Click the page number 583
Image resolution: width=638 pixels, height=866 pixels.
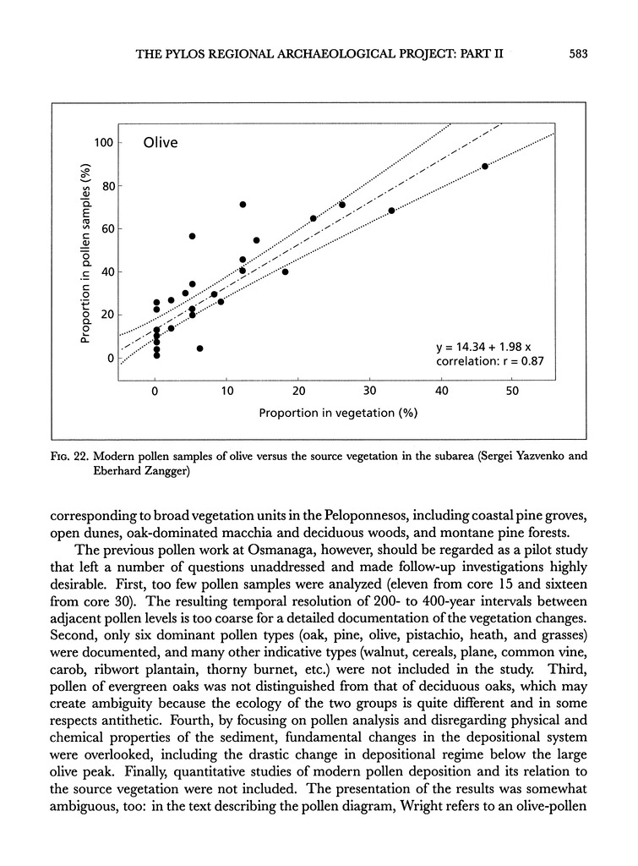578,53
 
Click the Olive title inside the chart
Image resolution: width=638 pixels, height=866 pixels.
160,142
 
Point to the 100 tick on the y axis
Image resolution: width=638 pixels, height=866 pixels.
103,142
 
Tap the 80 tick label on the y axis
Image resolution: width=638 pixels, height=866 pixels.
106,185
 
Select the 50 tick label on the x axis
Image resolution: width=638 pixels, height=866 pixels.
513,391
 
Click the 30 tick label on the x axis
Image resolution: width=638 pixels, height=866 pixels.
369,391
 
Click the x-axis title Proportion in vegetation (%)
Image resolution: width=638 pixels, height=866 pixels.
339,413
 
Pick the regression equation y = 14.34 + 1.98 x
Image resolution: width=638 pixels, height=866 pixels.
482,346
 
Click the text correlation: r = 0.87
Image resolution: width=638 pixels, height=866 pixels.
482,361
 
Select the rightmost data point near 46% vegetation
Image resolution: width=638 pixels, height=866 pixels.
484,167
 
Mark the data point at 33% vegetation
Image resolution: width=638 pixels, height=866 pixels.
391,211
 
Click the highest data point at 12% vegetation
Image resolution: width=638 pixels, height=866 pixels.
243,205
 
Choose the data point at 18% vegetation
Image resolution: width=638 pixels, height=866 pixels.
285,271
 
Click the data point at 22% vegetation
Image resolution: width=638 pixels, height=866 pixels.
314,218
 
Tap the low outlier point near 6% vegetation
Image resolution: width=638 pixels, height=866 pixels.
199,348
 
